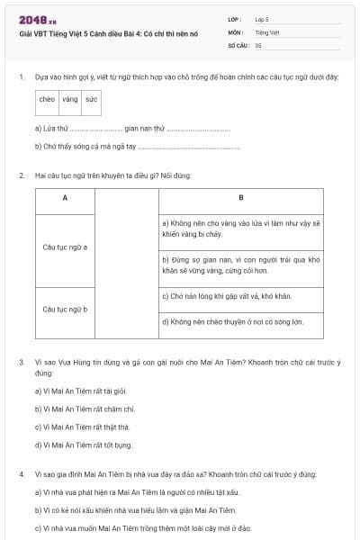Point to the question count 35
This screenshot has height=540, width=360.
[x=258, y=44]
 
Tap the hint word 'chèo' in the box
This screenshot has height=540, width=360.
[x=47, y=100]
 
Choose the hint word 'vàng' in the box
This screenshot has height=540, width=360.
[x=70, y=100]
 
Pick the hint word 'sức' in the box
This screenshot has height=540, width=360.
[x=91, y=100]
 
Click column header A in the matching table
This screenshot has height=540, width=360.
[x=65, y=197]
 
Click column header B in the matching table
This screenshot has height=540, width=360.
[x=240, y=197]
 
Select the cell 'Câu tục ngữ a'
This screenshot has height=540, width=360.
[x=65, y=247]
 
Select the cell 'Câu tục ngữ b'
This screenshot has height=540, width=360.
[x=65, y=309]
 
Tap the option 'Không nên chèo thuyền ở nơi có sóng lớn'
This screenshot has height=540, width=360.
[x=232, y=320]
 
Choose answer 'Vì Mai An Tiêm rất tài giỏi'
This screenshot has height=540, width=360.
[x=81, y=391]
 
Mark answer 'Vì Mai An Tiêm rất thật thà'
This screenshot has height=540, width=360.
[x=82, y=428]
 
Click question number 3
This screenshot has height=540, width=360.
[x=21, y=362]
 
